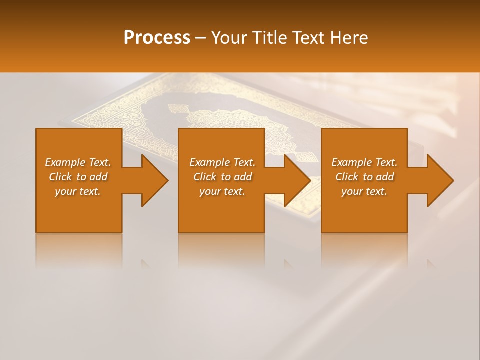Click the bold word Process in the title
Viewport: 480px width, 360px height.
[157, 38]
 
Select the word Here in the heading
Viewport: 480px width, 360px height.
[349, 38]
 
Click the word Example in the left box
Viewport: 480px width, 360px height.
[65, 162]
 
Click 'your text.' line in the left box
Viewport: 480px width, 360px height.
[78, 191]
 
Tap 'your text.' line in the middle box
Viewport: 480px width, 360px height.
[222, 191]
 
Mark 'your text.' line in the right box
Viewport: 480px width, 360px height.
[364, 191]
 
